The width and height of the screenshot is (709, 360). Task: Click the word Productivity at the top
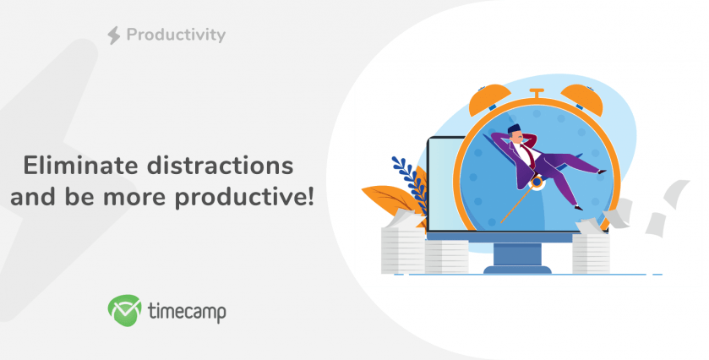tap(176, 35)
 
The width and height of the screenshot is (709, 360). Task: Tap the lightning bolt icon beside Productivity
tap(114, 35)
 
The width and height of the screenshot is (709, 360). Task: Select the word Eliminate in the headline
tap(81, 165)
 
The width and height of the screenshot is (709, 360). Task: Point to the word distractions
tap(221, 165)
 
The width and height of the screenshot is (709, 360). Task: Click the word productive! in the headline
tap(244, 198)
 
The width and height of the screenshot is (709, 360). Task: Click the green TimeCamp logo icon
tap(125, 310)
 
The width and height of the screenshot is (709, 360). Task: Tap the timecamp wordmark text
tap(187, 311)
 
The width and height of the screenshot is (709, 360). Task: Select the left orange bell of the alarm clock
tap(488, 99)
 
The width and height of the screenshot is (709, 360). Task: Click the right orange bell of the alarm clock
tap(582, 99)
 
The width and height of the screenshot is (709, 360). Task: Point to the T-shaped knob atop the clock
tap(537, 94)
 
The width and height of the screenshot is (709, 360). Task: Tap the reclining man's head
tap(516, 134)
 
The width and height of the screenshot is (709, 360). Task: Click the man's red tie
tap(528, 156)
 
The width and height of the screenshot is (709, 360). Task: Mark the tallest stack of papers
tap(401, 243)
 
